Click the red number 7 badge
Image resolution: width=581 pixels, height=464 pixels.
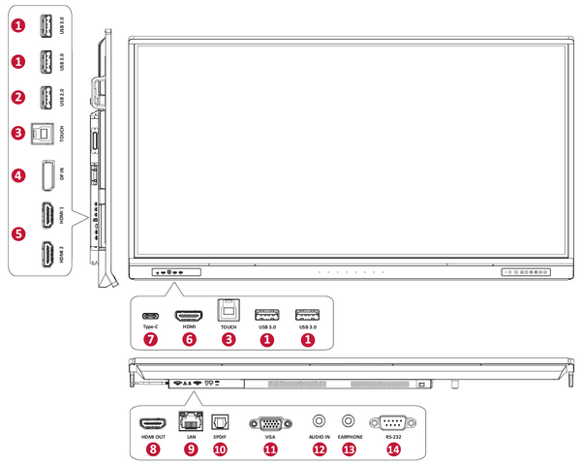(150, 340)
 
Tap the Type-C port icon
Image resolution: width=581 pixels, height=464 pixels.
(150, 316)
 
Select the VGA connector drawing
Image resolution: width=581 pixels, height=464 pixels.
(270, 422)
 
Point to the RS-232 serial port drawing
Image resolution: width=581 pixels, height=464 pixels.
(392, 422)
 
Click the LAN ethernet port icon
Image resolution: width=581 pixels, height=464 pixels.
(191, 422)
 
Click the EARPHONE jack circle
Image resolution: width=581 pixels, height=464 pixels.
(351, 421)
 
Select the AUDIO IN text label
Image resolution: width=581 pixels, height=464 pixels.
(321, 438)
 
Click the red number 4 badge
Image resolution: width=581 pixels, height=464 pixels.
(18, 176)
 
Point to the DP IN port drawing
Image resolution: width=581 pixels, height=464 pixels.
(45, 175)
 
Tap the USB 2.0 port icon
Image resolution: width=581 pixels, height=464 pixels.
(45, 98)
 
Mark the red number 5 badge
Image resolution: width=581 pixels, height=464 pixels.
(18, 233)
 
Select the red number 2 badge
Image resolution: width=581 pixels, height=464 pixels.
(18, 98)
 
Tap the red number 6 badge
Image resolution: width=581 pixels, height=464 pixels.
(189, 340)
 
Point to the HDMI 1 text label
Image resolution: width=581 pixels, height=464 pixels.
(64, 215)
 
